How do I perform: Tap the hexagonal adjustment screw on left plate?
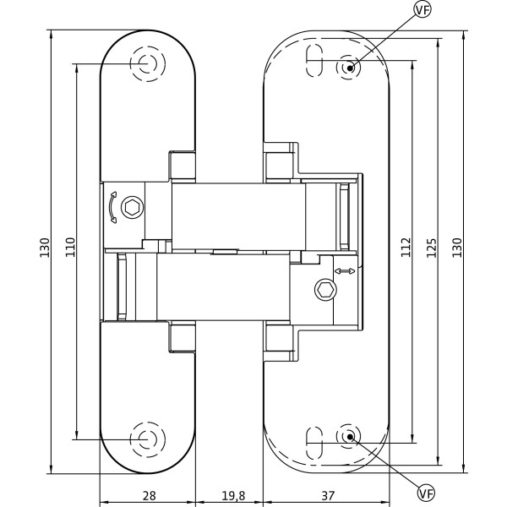[133, 207]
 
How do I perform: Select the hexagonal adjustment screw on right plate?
[325, 290]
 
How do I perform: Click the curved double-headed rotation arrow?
[112, 208]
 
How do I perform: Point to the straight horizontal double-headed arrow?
[345, 271]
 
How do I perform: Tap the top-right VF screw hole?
[348, 67]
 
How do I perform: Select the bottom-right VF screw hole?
[348, 436]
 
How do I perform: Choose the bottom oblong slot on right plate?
[313, 436]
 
